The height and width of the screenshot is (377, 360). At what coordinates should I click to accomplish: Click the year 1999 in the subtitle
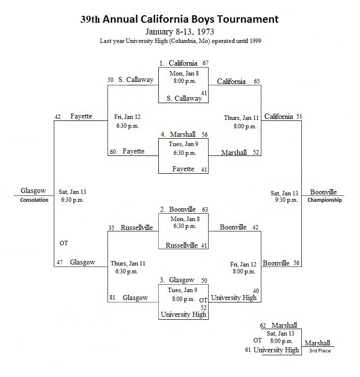pos(255,41)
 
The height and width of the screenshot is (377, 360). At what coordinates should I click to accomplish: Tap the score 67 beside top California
pos(206,63)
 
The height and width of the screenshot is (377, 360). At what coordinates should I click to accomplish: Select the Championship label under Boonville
pos(324,200)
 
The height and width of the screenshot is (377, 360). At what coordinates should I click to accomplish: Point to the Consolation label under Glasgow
pos(34,200)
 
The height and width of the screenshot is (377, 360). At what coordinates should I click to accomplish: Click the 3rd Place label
pos(320,350)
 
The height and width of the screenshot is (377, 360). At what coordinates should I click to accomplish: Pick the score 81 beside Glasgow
pos(112,298)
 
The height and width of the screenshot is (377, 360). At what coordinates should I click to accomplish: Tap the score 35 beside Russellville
pos(111,227)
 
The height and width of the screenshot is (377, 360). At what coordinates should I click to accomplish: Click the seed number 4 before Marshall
pos(163,134)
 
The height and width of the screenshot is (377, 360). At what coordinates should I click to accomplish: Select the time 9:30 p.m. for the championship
pos(287,200)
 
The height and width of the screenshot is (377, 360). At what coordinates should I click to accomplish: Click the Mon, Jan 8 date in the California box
pos(184,74)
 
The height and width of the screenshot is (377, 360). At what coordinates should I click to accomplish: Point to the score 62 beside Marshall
pos(263,326)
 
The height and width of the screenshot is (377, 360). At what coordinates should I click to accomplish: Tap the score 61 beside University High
pos(248,350)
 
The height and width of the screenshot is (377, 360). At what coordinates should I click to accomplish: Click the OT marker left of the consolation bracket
pos(64,243)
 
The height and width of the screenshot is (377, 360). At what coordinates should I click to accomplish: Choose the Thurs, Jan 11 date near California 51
pos(241,118)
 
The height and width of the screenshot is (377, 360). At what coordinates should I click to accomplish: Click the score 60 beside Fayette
pos(113,151)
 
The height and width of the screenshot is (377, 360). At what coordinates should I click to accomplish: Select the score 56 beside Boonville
pos(296,263)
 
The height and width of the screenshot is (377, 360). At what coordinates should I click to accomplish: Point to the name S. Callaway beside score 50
pos(136,79)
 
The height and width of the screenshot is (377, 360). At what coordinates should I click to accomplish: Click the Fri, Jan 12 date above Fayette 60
pos(127,117)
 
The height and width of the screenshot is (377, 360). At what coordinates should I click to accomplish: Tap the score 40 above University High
pos(256,291)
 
